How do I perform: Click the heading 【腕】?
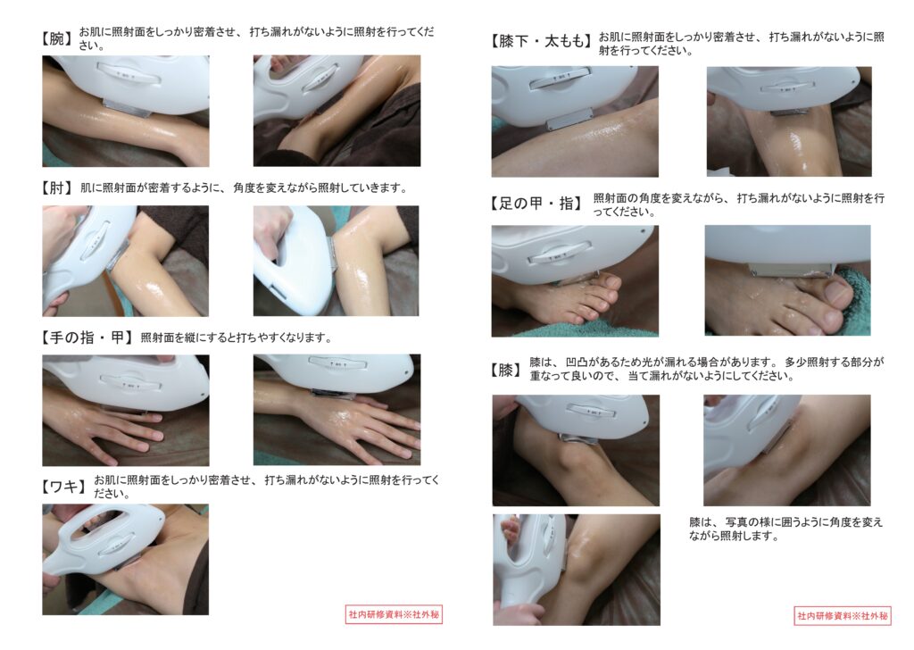pos(56,38)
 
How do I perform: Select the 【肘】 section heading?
pos(56,187)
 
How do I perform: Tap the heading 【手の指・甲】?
pos(87,337)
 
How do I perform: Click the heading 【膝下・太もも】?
pos(541,41)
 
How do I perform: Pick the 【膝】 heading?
pos(505,370)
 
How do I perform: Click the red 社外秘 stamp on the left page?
pos(394,614)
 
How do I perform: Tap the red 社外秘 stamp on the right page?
pos(843,615)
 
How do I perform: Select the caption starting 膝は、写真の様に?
pos(785,529)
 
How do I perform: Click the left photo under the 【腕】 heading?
pos(126,111)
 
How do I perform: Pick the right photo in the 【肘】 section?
pos(336,261)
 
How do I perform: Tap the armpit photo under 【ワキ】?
pos(125,559)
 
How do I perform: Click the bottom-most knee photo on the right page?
pos(577,570)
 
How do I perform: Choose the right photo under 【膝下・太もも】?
pos(789,121)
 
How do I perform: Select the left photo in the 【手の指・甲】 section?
pos(126,410)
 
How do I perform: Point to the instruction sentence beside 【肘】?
pos(244,187)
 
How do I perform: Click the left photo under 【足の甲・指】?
pos(575,281)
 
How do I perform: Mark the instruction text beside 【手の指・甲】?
pos(236,337)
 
